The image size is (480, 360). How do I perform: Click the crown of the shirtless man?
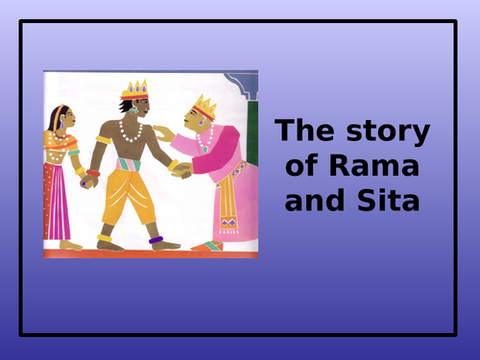coord(133,90)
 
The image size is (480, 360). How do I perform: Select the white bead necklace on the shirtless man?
coord(132,132)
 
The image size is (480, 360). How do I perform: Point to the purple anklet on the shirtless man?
coord(154,239)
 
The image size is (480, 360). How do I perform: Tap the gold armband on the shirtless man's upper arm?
coord(103,138)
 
